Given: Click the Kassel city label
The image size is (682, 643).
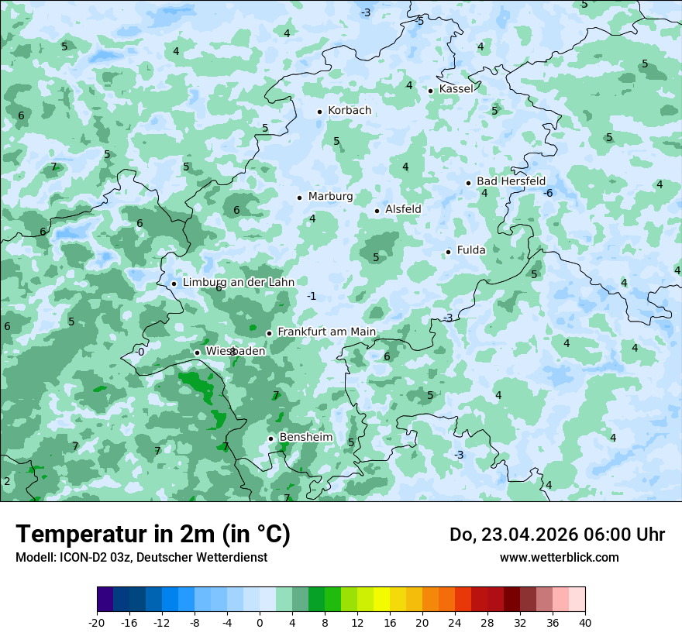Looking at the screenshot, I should [x=456, y=89].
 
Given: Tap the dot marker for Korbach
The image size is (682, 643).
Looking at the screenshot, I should [x=319, y=112].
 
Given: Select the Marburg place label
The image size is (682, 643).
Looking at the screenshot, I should [x=330, y=197].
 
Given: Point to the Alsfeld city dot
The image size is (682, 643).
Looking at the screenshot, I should [x=377, y=211].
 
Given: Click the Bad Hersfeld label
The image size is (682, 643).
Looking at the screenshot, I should [x=511, y=181].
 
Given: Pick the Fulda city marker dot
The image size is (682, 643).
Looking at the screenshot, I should [x=449, y=252].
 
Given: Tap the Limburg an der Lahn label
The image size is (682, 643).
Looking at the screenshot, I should [x=239, y=283].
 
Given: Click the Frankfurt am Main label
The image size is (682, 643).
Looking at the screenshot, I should [x=326, y=332].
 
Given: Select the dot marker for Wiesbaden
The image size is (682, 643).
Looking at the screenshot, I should [x=198, y=352].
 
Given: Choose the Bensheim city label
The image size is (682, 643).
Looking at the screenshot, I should [x=306, y=438].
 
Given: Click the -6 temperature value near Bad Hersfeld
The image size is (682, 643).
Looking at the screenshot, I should [x=548, y=193].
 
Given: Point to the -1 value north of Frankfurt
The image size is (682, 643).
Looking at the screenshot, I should [x=312, y=297].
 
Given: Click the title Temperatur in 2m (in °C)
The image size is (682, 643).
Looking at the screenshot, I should [x=153, y=535].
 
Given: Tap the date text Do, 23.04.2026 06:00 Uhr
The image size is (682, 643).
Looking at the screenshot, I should [x=557, y=535].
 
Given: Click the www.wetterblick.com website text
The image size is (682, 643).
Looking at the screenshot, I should [x=559, y=558].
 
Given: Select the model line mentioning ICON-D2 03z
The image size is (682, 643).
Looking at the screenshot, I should [x=141, y=558].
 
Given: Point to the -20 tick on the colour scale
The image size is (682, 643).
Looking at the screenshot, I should [x=97, y=623].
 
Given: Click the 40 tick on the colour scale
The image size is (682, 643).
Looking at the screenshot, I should [x=585, y=623].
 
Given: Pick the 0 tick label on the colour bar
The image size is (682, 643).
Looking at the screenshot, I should [x=260, y=623].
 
